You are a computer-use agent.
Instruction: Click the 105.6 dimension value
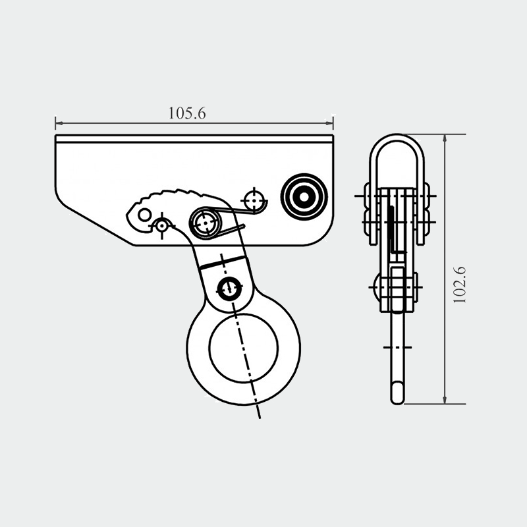tap(187, 113)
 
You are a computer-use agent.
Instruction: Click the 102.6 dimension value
tap(459, 285)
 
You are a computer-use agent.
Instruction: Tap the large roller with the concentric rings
tap(304, 197)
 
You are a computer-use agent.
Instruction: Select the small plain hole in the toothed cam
tap(144, 215)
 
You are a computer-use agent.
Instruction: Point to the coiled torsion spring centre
tap(205, 223)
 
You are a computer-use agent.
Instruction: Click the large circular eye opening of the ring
tap(243, 348)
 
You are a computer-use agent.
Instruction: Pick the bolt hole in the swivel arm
tap(229, 289)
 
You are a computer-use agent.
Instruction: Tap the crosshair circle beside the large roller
tap(254, 201)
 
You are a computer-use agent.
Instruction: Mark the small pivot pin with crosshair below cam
tap(162, 226)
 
